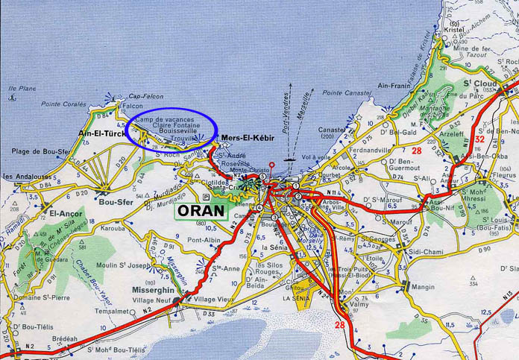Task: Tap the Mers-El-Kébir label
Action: tap(248, 139)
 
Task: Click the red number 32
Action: tap(479, 139)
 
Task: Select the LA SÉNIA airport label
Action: tap(295, 298)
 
